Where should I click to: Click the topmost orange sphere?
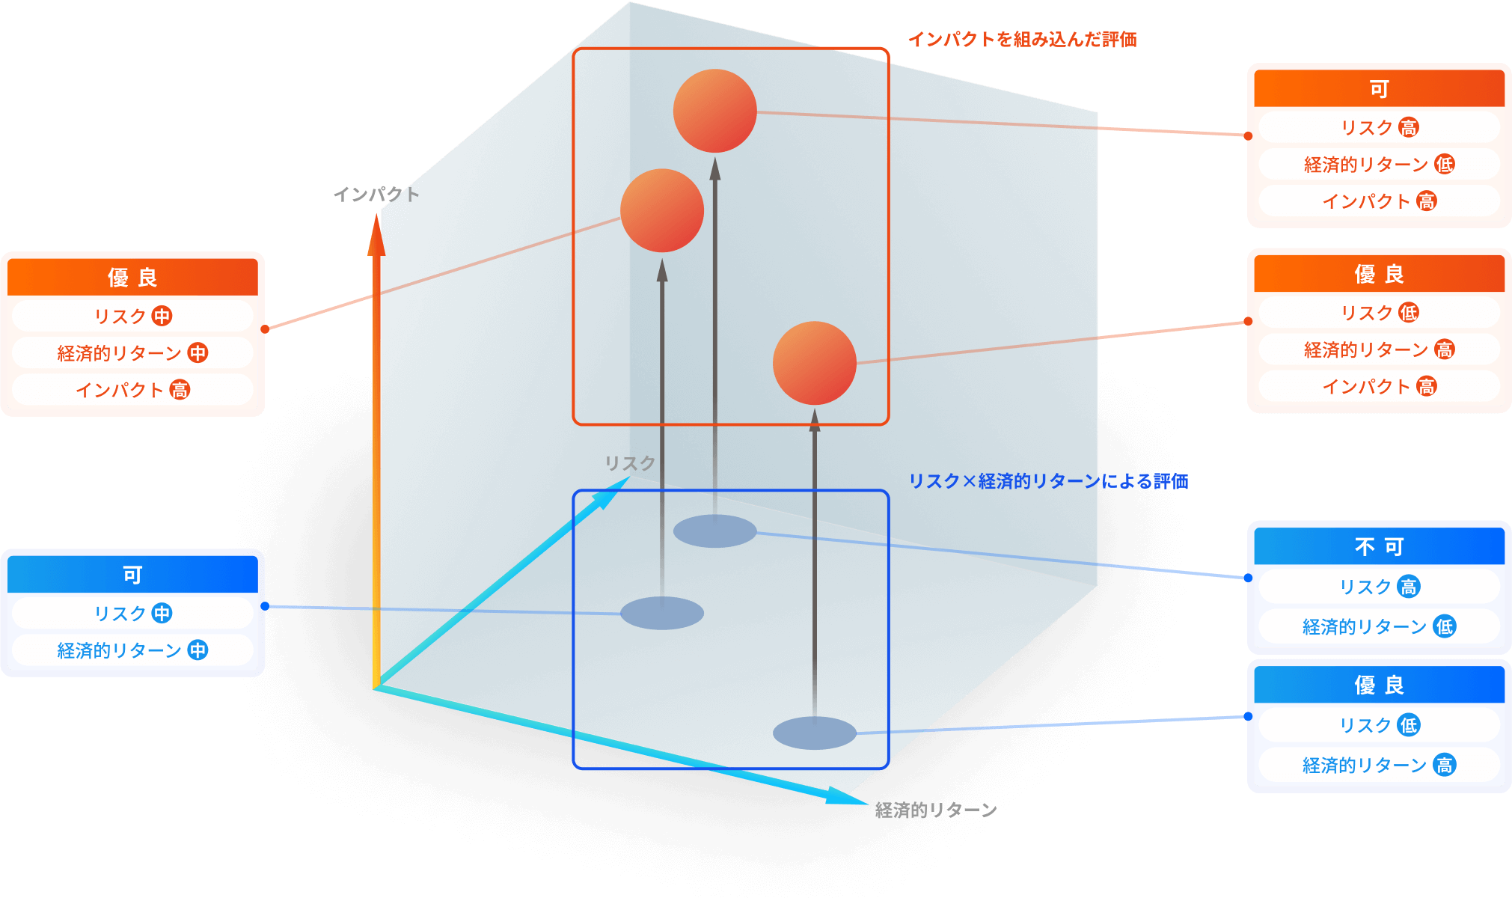tap(714, 111)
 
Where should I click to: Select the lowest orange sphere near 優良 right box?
tap(814, 363)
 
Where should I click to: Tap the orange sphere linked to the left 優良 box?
tap(661, 210)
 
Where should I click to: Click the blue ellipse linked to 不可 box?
tap(714, 531)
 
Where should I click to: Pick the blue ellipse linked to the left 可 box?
tap(661, 613)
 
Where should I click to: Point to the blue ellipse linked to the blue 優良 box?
tap(814, 733)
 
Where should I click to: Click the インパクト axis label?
tap(376, 195)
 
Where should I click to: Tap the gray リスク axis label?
tap(629, 463)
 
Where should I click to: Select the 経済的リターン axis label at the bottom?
tap(935, 810)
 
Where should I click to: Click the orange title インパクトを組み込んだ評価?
tap(1022, 40)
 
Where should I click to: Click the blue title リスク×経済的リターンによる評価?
tap(1047, 481)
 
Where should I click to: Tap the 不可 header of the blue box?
tap(1378, 547)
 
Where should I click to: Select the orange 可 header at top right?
tap(1378, 89)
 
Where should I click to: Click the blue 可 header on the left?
tap(132, 575)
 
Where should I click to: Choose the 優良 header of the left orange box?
tap(132, 278)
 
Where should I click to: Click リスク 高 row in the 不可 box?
tap(1378, 587)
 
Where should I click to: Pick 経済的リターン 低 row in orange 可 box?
tap(1378, 165)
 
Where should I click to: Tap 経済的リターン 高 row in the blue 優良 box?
tap(1378, 765)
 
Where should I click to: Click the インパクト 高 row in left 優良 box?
tap(132, 390)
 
